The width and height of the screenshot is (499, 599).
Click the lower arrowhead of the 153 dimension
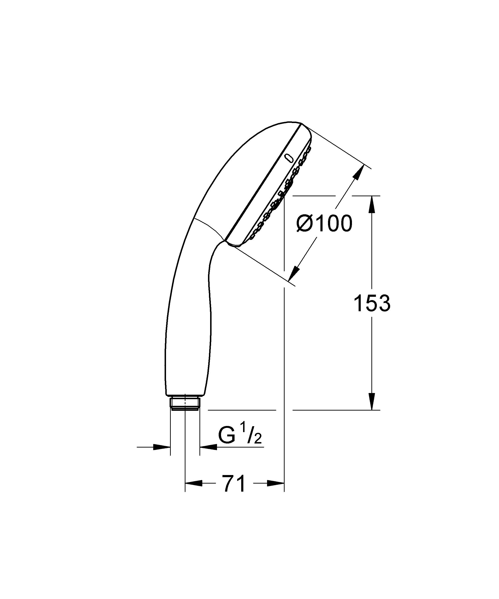372,401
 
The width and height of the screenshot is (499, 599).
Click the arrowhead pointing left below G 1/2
208,447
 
